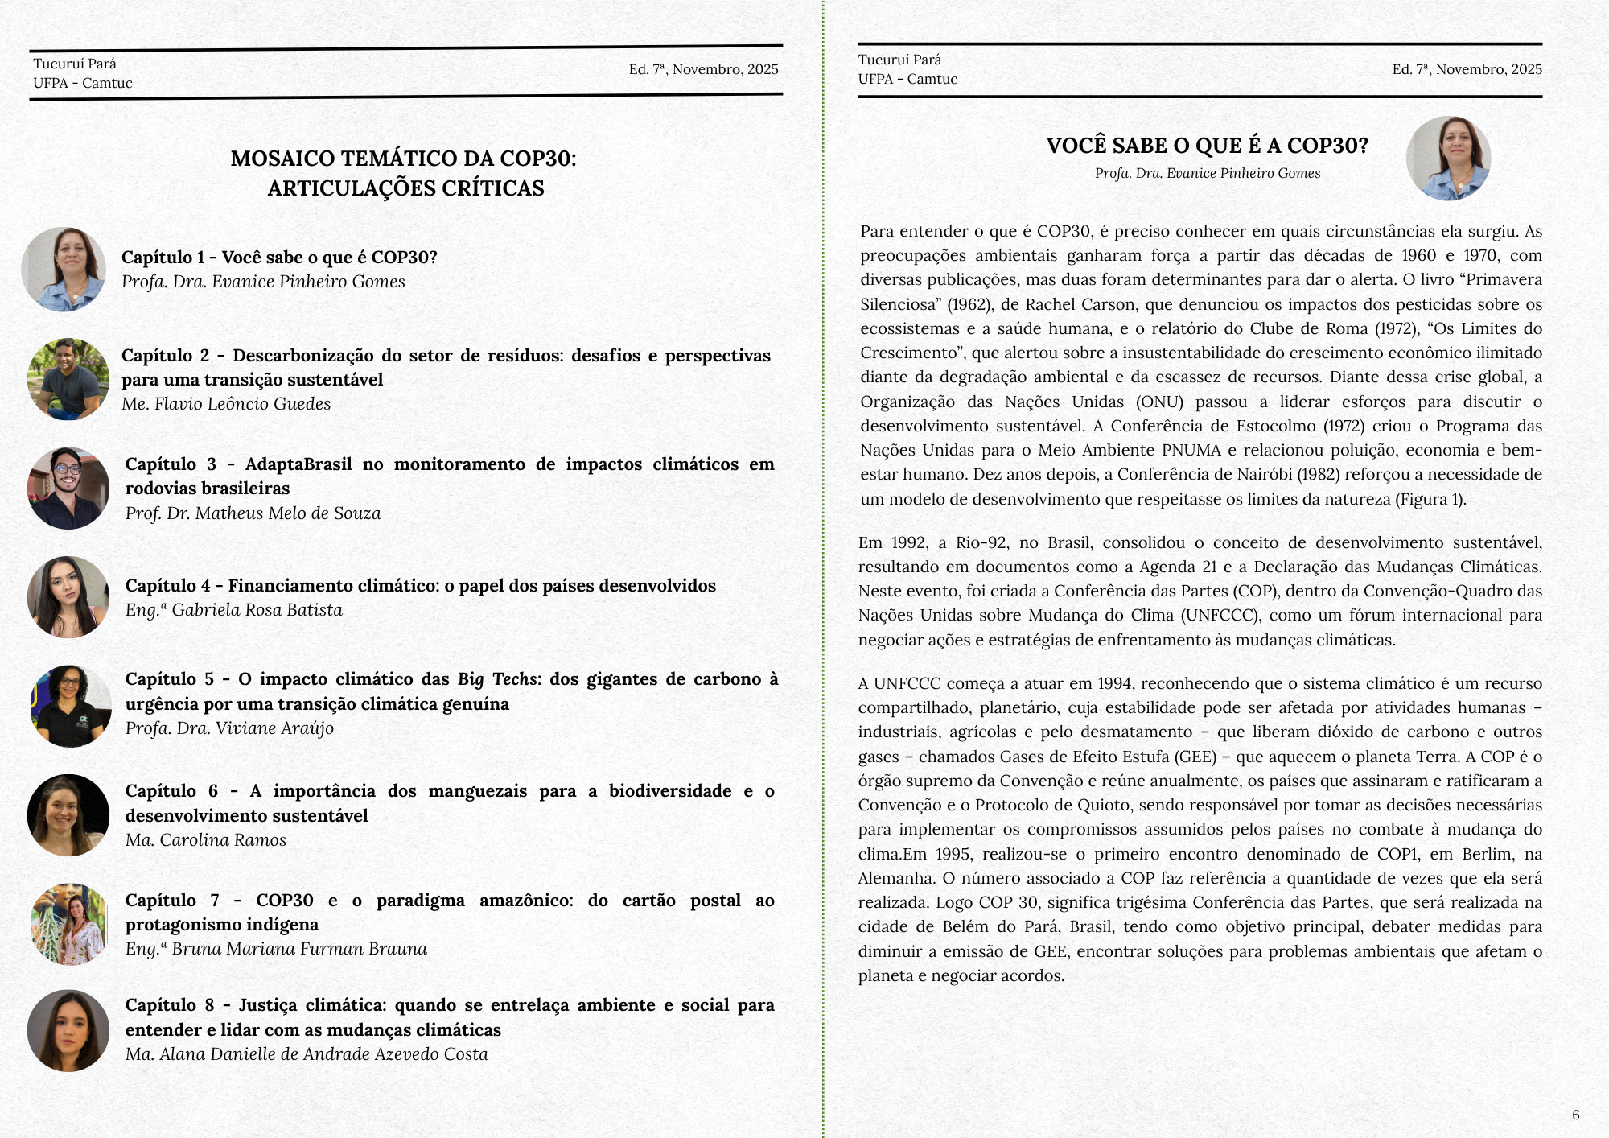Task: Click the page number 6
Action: tap(1575, 1115)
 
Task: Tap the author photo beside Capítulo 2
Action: tap(68, 379)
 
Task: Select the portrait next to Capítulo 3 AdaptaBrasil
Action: tap(68, 489)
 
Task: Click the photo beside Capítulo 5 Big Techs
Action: tap(70, 706)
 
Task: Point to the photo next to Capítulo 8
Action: tap(68, 1030)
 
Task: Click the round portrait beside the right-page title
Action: tap(1448, 159)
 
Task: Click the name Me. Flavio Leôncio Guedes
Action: tap(226, 404)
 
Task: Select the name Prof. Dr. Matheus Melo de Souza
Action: tap(253, 513)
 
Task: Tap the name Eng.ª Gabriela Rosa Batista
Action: tap(233, 610)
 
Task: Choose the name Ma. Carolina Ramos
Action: tap(205, 840)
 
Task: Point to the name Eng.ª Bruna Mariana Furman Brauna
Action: tap(275, 949)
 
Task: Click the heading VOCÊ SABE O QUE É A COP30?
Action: tap(1207, 146)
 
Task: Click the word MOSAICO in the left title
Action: tap(278, 159)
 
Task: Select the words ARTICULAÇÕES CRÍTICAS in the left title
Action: tap(405, 188)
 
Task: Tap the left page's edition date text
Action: tap(703, 69)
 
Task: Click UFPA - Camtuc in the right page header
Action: tap(907, 79)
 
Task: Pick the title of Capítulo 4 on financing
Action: tap(420, 586)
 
